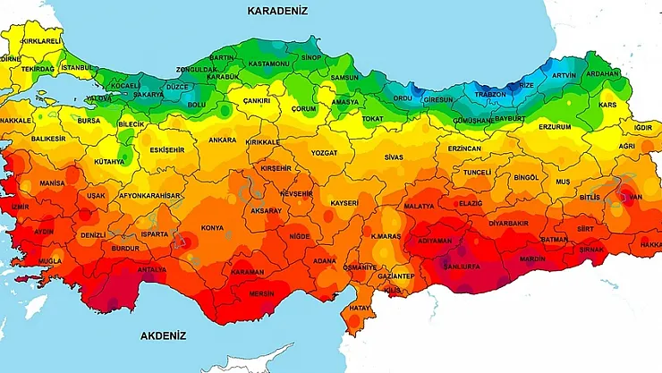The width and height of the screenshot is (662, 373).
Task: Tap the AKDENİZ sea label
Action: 163,336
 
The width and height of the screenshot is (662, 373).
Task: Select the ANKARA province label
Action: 222,140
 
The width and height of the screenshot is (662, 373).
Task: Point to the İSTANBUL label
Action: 79,67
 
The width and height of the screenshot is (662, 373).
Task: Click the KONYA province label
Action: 213,227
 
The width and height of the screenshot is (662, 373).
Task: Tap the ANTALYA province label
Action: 151,268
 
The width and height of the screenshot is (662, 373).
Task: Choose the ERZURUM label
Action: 555,127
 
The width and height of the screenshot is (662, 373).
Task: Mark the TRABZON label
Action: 490,94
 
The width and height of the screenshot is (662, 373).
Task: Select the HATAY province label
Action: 360,308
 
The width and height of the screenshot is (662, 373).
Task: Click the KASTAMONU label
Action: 269,64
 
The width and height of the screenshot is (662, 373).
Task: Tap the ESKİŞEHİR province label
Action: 167,149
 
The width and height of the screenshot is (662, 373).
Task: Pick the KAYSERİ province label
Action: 343,204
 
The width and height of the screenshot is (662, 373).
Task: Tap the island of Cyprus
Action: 259,362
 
